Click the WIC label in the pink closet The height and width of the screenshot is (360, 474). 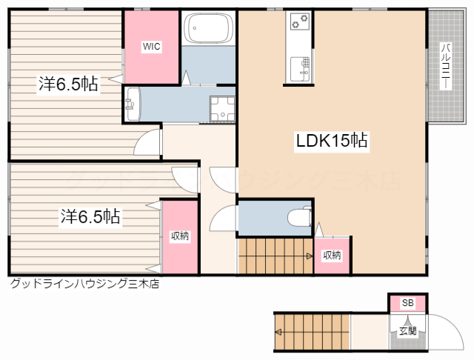[151, 47]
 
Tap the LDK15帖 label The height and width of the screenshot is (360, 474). [332, 141]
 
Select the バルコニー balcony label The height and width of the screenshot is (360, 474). [446, 66]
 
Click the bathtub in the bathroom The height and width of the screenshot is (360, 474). [208, 28]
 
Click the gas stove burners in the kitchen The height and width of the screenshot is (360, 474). [300, 21]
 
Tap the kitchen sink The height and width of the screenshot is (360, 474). [300, 69]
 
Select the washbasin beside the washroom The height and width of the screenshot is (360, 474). [133, 104]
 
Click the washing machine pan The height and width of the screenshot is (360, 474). [222, 108]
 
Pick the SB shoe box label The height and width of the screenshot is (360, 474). [407, 302]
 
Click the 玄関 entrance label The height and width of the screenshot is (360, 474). [408, 331]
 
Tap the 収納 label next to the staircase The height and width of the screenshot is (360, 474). [332, 256]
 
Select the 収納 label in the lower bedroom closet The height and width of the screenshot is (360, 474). [180, 236]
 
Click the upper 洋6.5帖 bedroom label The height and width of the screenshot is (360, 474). [68, 84]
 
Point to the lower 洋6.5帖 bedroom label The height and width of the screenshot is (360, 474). [90, 216]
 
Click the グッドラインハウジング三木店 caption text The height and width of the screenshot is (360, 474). [84, 284]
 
